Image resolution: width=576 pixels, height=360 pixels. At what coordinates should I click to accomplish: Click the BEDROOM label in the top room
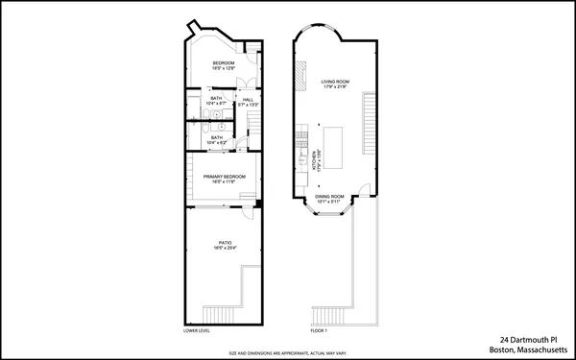[224, 63]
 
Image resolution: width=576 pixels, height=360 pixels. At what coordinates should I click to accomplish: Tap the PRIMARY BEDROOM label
[224, 176]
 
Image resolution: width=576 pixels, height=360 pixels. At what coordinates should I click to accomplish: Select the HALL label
[248, 100]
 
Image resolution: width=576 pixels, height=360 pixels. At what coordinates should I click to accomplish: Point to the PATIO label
[225, 243]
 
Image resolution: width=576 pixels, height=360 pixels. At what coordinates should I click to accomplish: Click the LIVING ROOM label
[334, 83]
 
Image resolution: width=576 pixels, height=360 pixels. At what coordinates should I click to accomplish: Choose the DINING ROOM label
[329, 197]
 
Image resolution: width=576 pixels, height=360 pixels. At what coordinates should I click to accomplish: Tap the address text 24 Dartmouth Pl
[528, 339]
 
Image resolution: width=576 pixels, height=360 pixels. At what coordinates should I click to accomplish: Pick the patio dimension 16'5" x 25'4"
[225, 249]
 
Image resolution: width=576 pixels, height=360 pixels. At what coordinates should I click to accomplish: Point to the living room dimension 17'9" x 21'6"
[334, 88]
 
